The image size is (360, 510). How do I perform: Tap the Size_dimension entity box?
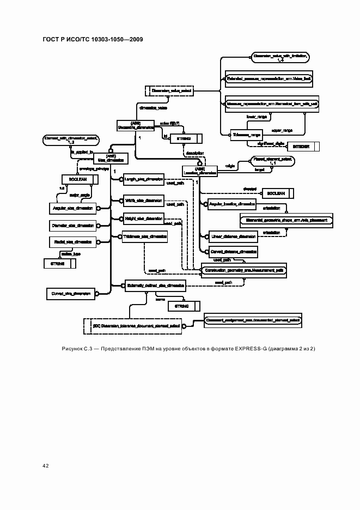tap(110, 158)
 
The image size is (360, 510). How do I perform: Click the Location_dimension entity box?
tap(200, 171)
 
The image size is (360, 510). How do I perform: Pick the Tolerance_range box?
tap(247, 134)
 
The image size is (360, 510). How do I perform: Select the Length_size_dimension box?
tap(144, 179)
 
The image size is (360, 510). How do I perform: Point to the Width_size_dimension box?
tap(144, 201)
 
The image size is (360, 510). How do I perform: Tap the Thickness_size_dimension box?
tap(145, 237)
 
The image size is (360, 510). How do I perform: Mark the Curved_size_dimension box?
tap(70, 293)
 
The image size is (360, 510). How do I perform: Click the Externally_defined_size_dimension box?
tap(155, 284)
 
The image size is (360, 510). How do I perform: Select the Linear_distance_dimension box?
tap(233, 236)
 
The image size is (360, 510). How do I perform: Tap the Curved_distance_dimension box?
tap(233, 252)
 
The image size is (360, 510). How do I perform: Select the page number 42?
tap(45, 465)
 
